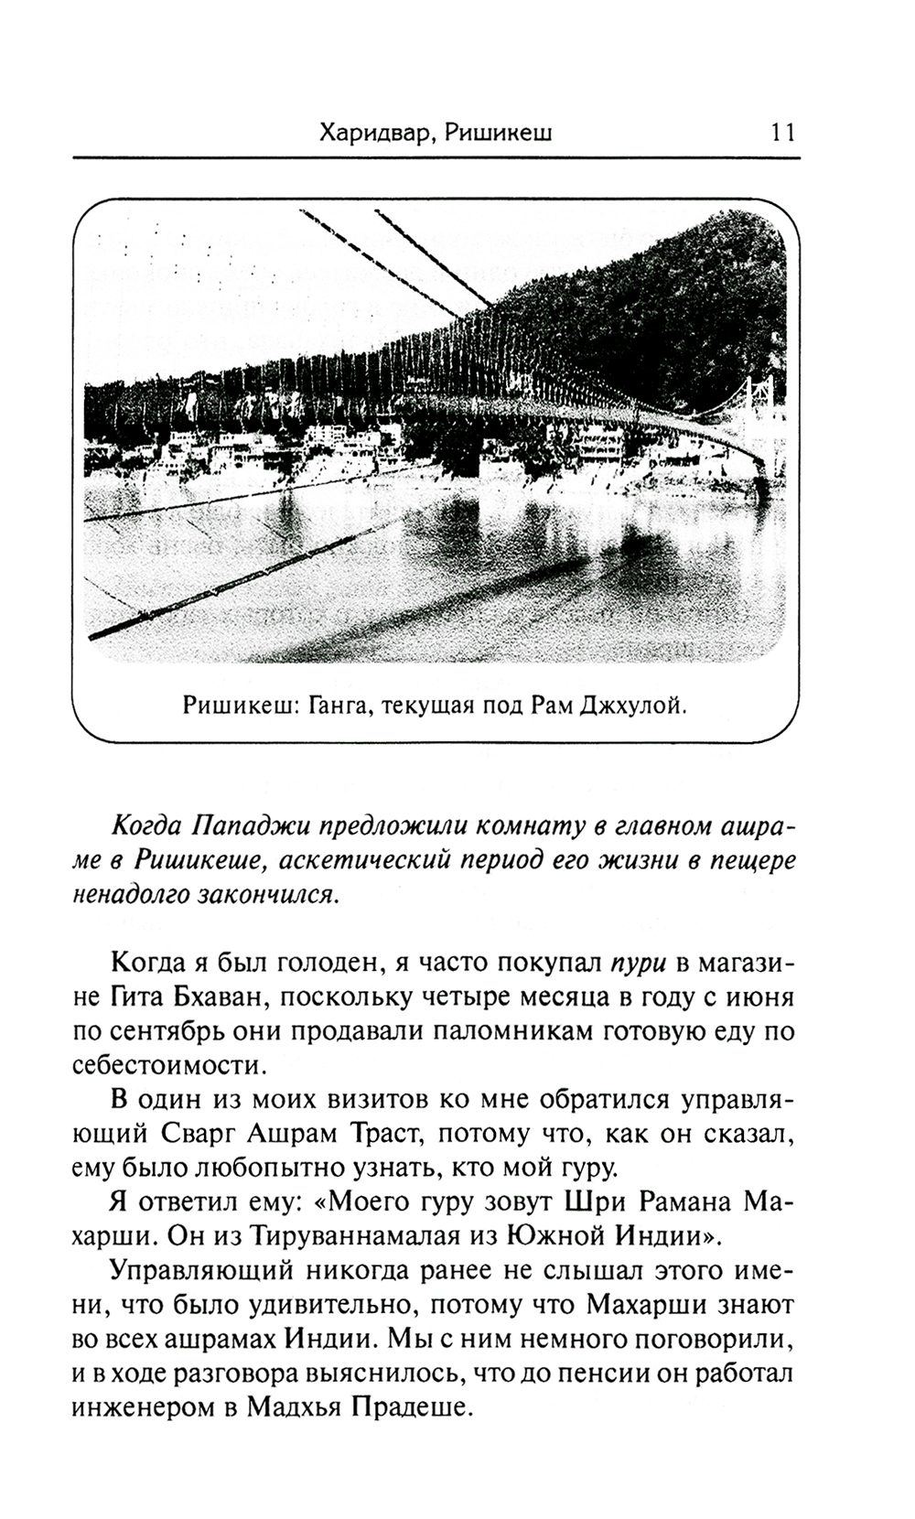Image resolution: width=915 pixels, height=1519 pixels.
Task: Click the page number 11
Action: (783, 133)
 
